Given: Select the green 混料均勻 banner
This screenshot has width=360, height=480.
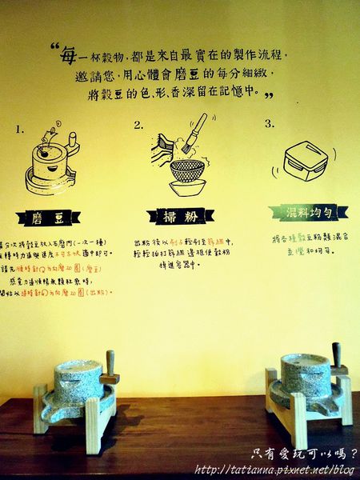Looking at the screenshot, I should click(x=298, y=211).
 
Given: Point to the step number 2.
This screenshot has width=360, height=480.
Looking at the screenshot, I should click(x=138, y=125).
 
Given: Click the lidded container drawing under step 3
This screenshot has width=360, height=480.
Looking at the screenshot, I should click(x=302, y=161).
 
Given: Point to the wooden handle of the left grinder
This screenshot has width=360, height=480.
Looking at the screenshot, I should click(x=110, y=366).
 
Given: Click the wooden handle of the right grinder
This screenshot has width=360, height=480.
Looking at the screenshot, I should click(x=337, y=357).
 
